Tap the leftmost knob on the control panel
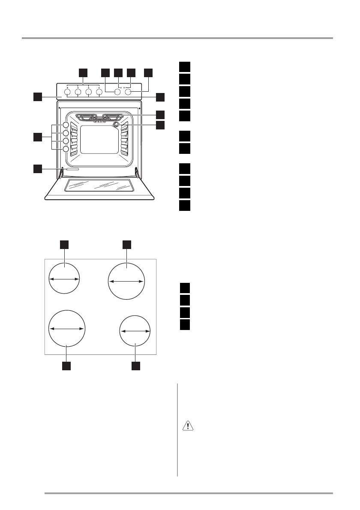68,92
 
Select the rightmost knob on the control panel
128,92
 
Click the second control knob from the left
78,92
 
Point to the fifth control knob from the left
117,92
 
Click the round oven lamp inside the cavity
115,124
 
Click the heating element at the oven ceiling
99,117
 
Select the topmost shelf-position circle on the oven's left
66,125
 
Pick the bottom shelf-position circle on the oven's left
66,149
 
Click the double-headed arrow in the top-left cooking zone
64,279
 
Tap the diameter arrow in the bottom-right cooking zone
135,331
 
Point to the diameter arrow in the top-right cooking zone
127,281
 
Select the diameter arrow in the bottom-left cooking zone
67,328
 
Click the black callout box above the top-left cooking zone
64,244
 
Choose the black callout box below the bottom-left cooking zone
66,366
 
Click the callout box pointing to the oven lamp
160,125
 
